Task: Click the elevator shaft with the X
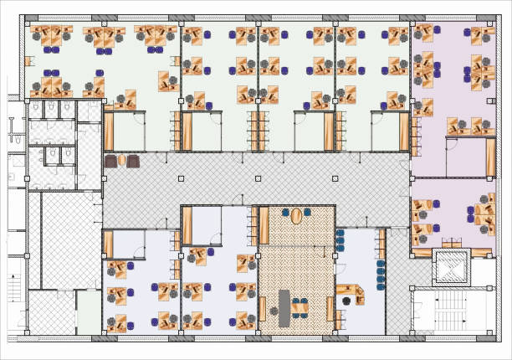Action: click(x=451, y=267)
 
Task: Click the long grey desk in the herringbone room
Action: click(x=284, y=307)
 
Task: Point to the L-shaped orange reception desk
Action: click(x=355, y=294)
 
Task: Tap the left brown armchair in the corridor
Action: click(x=110, y=160)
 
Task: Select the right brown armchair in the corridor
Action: click(x=133, y=160)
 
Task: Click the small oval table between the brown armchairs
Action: click(x=122, y=160)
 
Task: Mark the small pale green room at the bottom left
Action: click(x=88, y=311)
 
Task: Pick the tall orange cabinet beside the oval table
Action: click(x=264, y=225)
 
